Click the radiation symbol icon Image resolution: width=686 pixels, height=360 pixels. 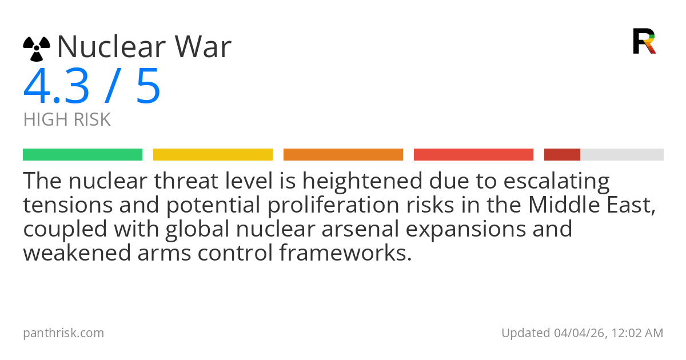(x=37, y=49)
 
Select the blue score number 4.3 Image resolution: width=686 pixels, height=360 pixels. (x=56, y=87)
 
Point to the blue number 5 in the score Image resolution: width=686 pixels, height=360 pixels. (x=148, y=87)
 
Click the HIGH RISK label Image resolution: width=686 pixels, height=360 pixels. (x=67, y=120)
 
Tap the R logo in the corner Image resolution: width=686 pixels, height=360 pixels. (x=644, y=41)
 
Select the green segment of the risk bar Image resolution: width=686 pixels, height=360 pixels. (x=82, y=155)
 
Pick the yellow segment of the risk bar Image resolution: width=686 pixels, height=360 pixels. (x=213, y=155)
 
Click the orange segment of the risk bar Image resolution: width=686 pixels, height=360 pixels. (x=343, y=155)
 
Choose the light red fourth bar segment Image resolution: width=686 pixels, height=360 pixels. (x=473, y=155)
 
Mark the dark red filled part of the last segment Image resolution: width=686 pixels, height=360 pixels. (x=562, y=155)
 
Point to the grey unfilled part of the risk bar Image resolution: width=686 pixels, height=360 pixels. (x=622, y=155)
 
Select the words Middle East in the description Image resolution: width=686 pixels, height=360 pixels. (x=591, y=206)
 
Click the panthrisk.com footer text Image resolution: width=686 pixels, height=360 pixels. (x=63, y=333)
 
